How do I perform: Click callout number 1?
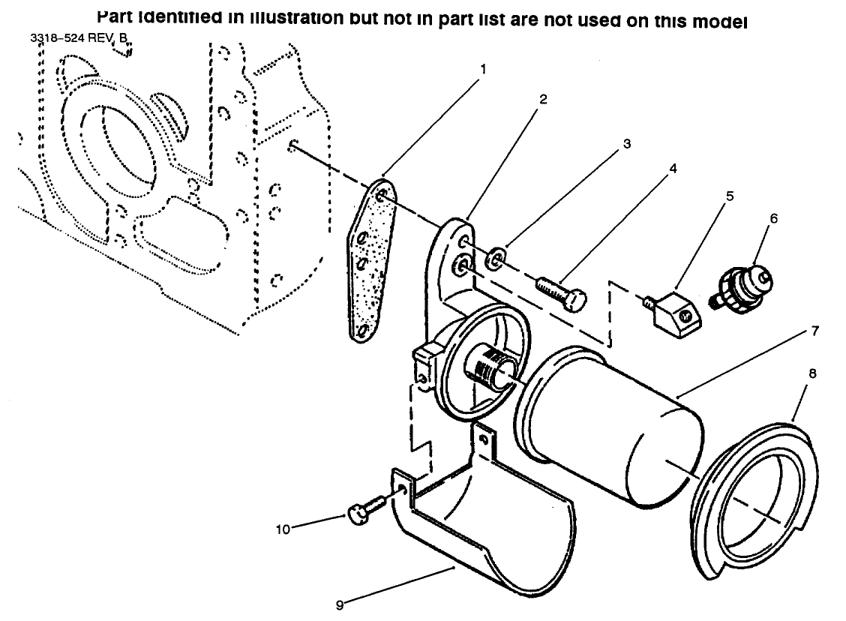tap(483, 68)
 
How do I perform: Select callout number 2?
tap(543, 99)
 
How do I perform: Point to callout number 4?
tap(673, 168)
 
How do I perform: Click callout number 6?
tap(773, 218)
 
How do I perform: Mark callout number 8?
tap(812, 372)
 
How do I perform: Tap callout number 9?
tap(340, 604)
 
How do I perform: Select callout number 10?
tap(282, 529)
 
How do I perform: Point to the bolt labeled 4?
tap(560, 294)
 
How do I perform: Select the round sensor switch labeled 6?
tap(742, 289)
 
